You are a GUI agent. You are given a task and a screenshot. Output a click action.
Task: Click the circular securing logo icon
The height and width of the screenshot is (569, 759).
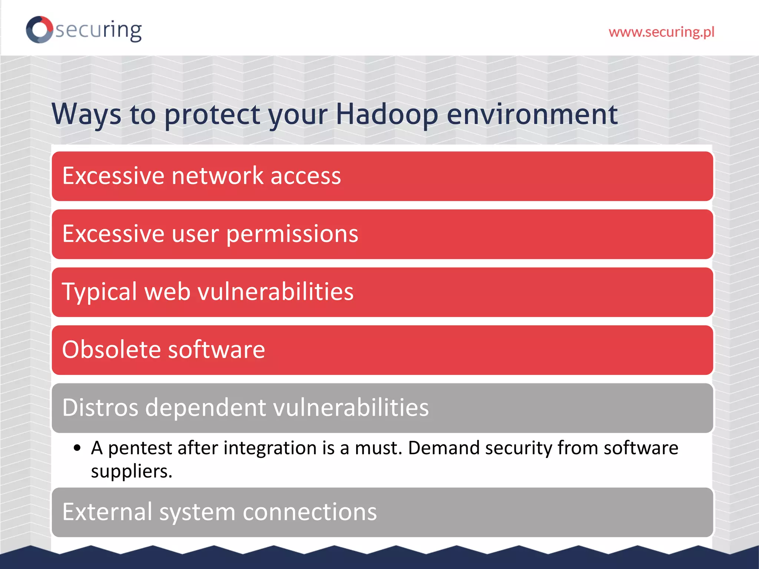coord(39,30)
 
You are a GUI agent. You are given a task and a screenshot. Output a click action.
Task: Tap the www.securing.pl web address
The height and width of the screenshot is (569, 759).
coord(661,32)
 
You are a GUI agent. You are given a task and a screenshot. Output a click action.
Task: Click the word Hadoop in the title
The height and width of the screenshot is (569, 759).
coord(387,114)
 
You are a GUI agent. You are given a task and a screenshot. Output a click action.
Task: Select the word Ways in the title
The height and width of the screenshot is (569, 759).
coord(86,114)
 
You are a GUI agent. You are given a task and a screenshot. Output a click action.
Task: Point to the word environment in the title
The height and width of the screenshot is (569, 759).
coord(532,114)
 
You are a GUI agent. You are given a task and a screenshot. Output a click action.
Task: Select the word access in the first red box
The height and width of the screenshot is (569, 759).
coord(305,176)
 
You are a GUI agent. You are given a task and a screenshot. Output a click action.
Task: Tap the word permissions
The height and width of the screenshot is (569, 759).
coord(292,234)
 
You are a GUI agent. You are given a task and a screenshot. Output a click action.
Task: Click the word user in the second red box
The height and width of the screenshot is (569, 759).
coord(195,234)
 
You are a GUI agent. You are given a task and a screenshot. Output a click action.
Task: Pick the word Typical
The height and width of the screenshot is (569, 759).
coord(99,292)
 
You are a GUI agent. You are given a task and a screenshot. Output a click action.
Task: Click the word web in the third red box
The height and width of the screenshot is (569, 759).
coord(167,292)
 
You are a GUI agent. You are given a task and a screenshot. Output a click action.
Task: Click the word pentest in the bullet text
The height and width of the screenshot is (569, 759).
coord(140,448)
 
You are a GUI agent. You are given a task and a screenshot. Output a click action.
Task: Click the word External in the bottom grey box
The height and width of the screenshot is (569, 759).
coord(107,512)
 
